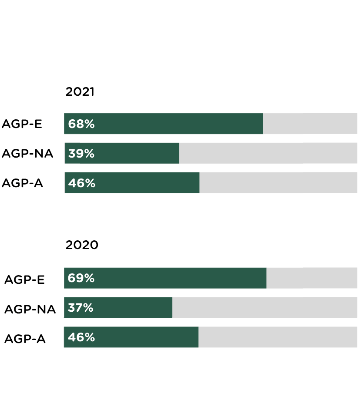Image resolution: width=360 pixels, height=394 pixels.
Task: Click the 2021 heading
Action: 80,92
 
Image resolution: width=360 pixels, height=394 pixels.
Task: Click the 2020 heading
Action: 82,245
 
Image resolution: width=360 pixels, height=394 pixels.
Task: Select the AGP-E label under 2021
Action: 22,124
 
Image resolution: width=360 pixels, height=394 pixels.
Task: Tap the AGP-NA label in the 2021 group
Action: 27,154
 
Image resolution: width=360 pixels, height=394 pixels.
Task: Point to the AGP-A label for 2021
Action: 22,183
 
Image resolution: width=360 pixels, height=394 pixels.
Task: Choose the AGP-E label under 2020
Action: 24,280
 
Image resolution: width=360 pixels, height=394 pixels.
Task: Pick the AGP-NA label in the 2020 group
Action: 30,309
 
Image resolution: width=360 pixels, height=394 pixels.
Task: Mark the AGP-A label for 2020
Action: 25,339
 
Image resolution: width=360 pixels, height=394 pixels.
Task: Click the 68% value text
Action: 81,124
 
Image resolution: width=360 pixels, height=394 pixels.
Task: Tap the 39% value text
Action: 81,154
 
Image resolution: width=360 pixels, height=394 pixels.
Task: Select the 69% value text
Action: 81,278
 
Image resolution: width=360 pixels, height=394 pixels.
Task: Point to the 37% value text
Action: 81,308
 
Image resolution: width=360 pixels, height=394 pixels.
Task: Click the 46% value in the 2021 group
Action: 82,183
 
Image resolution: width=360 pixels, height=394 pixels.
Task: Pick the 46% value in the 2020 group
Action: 81,337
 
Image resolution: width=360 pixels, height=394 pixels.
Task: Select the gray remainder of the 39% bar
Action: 268,154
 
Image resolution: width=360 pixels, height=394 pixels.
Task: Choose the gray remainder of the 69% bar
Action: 312,278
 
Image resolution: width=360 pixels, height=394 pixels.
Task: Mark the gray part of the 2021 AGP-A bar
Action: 278,183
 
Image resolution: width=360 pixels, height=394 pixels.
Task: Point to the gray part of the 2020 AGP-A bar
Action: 278,337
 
